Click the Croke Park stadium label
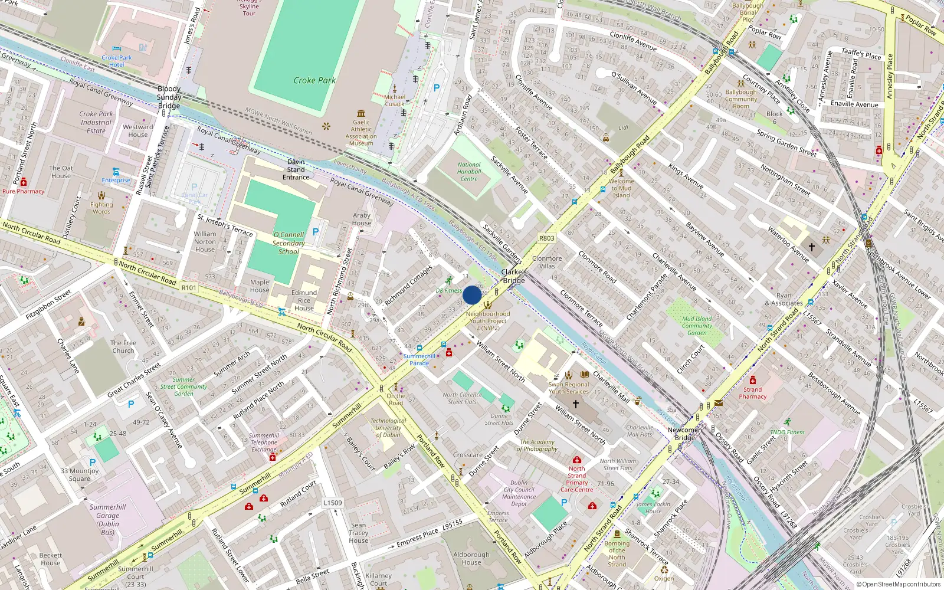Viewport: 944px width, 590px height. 314,80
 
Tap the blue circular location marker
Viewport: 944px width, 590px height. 472,295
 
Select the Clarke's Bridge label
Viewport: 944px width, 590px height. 514,276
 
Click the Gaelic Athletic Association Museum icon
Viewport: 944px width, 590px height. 361,113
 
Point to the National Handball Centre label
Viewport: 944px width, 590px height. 469,172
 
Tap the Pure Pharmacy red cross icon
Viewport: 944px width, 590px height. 24,182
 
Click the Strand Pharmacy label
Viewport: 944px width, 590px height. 752,393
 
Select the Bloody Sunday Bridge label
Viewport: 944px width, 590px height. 169,97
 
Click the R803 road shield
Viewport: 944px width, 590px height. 546,238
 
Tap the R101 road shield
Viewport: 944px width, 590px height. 189,288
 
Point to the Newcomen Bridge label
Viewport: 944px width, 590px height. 685,434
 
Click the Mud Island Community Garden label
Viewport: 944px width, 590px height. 697,326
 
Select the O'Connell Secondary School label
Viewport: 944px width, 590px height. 289,243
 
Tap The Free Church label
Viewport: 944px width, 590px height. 123,346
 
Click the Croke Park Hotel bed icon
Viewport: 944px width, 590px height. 117,49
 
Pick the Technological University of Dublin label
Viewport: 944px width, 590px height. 388,428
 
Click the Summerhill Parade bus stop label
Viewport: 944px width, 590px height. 419,359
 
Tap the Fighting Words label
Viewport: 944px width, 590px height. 101,208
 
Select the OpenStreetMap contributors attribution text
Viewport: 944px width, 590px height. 898,584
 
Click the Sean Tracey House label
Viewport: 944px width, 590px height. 358,533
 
